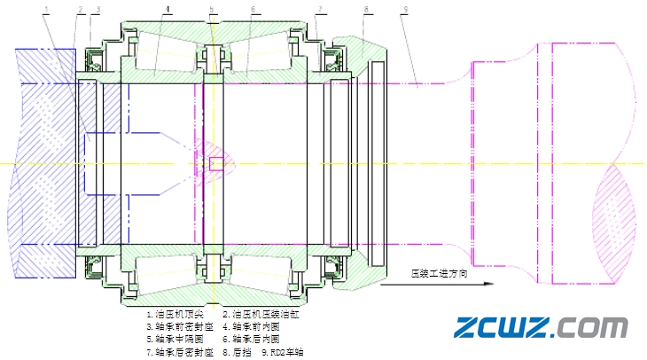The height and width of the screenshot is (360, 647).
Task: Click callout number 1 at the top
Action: (45, 9)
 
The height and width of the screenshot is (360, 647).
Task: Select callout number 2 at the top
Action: (80, 9)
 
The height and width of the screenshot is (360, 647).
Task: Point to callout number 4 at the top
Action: (167, 9)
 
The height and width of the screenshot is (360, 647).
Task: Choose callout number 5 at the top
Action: (212, 9)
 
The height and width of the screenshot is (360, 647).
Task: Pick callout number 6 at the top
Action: (253, 9)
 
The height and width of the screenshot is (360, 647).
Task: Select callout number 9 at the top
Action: (404, 9)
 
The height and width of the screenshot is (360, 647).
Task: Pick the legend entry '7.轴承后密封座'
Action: (180, 352)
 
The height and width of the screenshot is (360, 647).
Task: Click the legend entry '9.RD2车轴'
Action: (282, 352)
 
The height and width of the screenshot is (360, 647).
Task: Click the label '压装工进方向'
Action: (438, 273)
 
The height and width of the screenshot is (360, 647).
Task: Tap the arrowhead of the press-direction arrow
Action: (486, 285)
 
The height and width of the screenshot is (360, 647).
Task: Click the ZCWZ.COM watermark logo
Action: (541, 327)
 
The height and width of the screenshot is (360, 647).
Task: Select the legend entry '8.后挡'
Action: (237, 352)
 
